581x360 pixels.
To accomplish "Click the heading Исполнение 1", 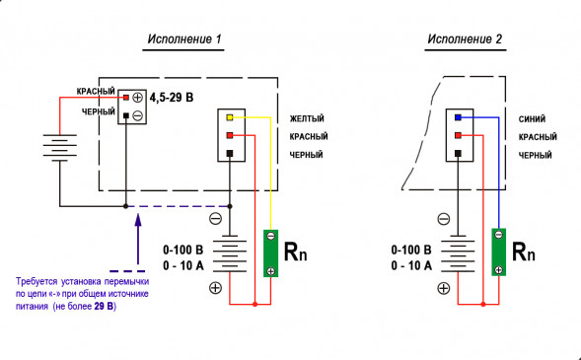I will coord(184,40).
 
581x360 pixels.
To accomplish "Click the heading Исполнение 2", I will coord(465,40).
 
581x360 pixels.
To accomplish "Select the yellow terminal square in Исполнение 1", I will coord(229,117).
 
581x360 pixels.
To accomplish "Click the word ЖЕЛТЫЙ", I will coord(307,118).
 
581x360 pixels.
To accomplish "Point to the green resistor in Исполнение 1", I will coord(268,252).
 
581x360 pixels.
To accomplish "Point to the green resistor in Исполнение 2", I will coord(499,252).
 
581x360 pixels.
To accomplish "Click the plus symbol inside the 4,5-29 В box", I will coord(138,98).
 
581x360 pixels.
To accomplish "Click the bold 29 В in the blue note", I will coord(104,308).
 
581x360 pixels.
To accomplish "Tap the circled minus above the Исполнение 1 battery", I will coord(215,219).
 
